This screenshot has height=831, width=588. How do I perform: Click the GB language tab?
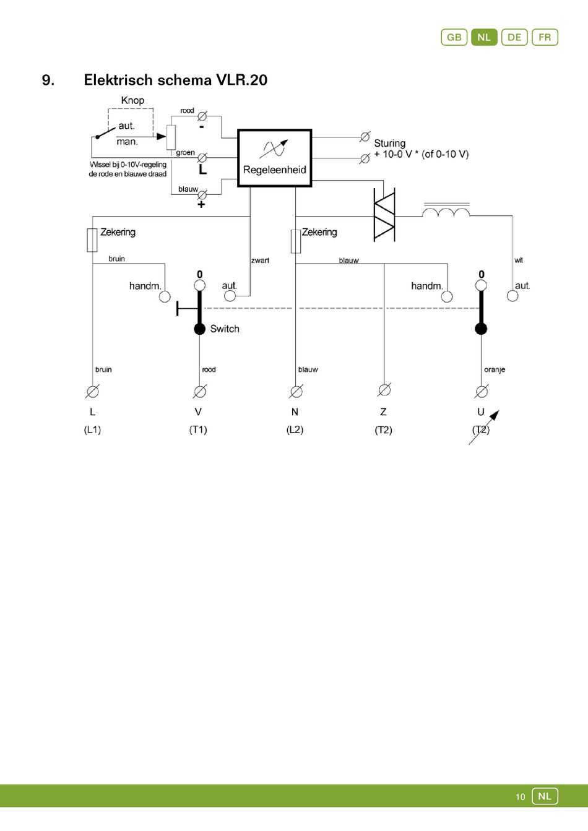[x=454, y=37]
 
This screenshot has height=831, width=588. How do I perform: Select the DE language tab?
[x=514, y=37]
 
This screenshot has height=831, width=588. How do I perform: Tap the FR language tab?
[x=544, y=37]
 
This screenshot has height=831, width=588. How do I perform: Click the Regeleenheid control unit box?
[x=275, y=158]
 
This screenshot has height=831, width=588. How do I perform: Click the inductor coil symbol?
[x=446, y=212]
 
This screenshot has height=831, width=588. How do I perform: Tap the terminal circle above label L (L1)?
[x=92, y=391]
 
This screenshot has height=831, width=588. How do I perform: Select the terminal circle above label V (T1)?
[x=199, y=391]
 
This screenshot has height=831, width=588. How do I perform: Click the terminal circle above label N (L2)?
[x=296, y=391]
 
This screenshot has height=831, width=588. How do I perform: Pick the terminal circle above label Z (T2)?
[x=384, y=390]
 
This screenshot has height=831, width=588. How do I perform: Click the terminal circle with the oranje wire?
[x=481, y=391]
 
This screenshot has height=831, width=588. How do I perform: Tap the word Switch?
[x=225, y=329]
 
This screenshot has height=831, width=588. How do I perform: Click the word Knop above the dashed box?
[x=132, y=100]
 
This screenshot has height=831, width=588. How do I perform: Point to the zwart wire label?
[x=260, y=260]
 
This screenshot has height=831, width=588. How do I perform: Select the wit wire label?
[x=519, y=260]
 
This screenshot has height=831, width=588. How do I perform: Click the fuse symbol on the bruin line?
[x=92, y=239]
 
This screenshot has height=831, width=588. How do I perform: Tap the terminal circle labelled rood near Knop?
[x=202, y=116]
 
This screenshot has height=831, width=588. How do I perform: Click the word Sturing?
[x=389, y=143]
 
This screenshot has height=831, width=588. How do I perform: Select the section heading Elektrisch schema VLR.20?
[x=175, y=80]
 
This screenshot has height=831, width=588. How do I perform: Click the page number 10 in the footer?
[x=520, y=797]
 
